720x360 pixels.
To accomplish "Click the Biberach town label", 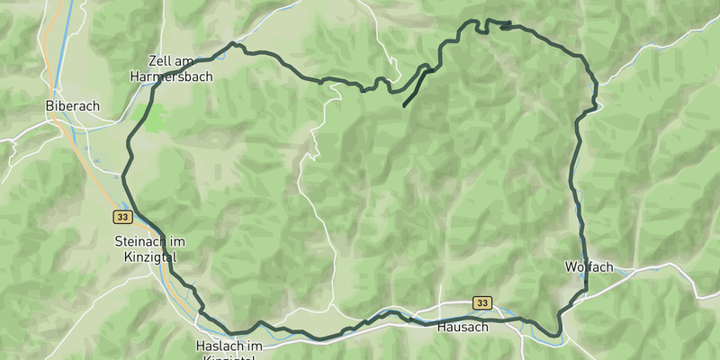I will [x=72, y=105].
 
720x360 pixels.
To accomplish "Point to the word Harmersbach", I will [x=171, y=76].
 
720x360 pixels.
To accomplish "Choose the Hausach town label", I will [x=462, y=327].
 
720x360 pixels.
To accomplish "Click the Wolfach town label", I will [x=589, y=267].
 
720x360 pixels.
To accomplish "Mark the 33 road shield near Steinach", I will [x=123, y=217].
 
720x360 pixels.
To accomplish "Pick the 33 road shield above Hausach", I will [x=483, y=303].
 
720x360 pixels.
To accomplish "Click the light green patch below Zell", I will [x=149, y=117].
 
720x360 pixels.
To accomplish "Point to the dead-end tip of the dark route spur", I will [x=404, y=106].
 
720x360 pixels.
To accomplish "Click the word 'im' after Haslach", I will [x=256, y=346].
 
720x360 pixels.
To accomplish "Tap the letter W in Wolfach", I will [x=570, y=267].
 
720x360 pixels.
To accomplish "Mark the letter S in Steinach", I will [x=119, y=241].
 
